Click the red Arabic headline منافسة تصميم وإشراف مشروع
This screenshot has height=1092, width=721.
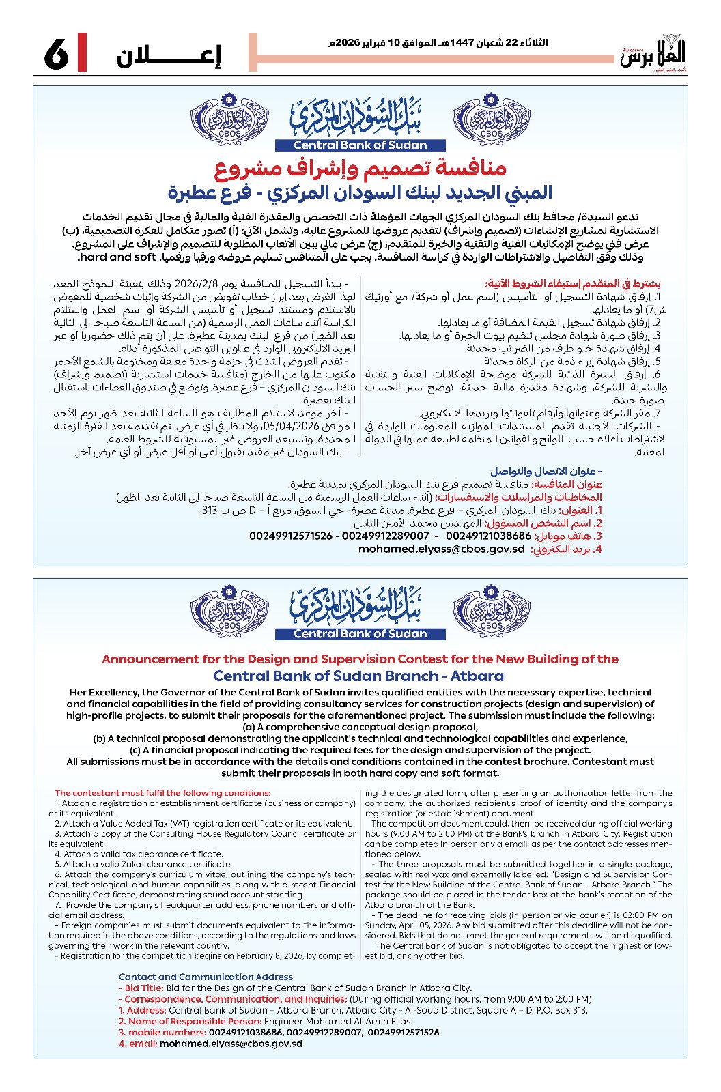(360, 168)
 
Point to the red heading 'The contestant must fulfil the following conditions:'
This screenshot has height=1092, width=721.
(162, 793)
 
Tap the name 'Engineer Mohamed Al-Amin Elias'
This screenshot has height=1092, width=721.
(337, 1021)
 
